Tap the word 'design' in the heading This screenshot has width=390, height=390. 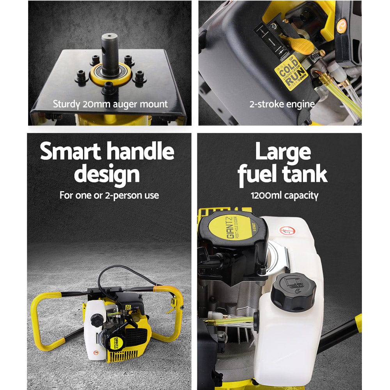[x=107, y=174]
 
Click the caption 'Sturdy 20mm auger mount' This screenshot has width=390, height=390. [x=110, y=105]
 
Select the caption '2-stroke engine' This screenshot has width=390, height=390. [x=282, y=105]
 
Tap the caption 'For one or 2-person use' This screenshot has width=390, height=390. [x=109, y=195]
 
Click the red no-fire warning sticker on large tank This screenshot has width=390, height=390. [x=289, y=230]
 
